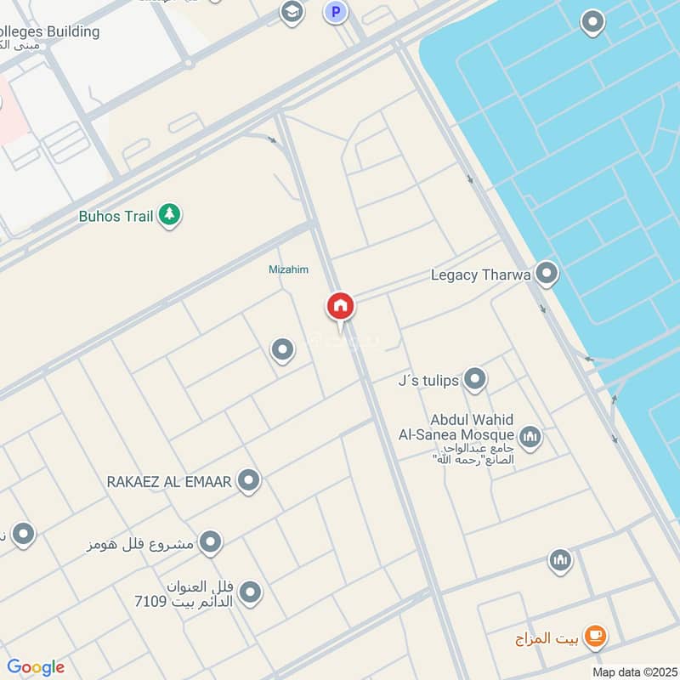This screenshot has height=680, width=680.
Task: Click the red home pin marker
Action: (x=340, y=306)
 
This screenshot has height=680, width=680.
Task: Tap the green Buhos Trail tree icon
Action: (x=170, y=215)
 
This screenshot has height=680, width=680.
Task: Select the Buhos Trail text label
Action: (x=116, y=216)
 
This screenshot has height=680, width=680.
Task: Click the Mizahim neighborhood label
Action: (x=289, y=269)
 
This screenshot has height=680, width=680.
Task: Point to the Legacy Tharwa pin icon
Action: (x=547, y=274)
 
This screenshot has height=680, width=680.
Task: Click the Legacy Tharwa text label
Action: (x=481, y=275)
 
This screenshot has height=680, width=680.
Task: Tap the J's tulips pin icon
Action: (x=475, y=379)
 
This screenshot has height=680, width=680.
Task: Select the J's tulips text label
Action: (x=428, y=380)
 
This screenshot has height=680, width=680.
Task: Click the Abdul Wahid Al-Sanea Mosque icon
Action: (x=530, y=437)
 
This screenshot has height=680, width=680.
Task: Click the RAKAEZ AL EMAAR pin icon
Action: (x=248, y=481)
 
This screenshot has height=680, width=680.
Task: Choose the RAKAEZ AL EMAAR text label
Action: (x=169, y=482)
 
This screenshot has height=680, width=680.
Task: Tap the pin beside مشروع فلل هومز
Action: (x=210, y=541)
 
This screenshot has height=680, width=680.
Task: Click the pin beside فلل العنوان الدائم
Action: (x=250, y=592)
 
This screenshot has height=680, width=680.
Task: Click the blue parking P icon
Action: (x=337, y=12)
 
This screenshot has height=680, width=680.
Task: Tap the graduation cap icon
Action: (x=292, y=12)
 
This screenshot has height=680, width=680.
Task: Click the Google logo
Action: (x=36, y=667)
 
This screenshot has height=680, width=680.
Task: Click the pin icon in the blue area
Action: (x=592, y=22)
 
